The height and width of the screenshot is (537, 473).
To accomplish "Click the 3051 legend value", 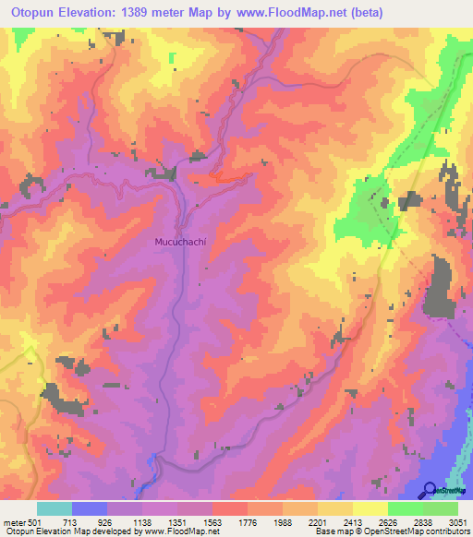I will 459,521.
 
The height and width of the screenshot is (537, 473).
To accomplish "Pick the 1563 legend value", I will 212,521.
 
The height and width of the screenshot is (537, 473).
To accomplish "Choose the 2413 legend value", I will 353,521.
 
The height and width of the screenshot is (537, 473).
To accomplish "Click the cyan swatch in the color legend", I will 55,508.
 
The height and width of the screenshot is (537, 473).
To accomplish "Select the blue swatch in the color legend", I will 90,508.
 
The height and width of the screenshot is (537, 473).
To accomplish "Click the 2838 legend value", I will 423,521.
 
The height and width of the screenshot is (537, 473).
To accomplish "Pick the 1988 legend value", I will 283,521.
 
